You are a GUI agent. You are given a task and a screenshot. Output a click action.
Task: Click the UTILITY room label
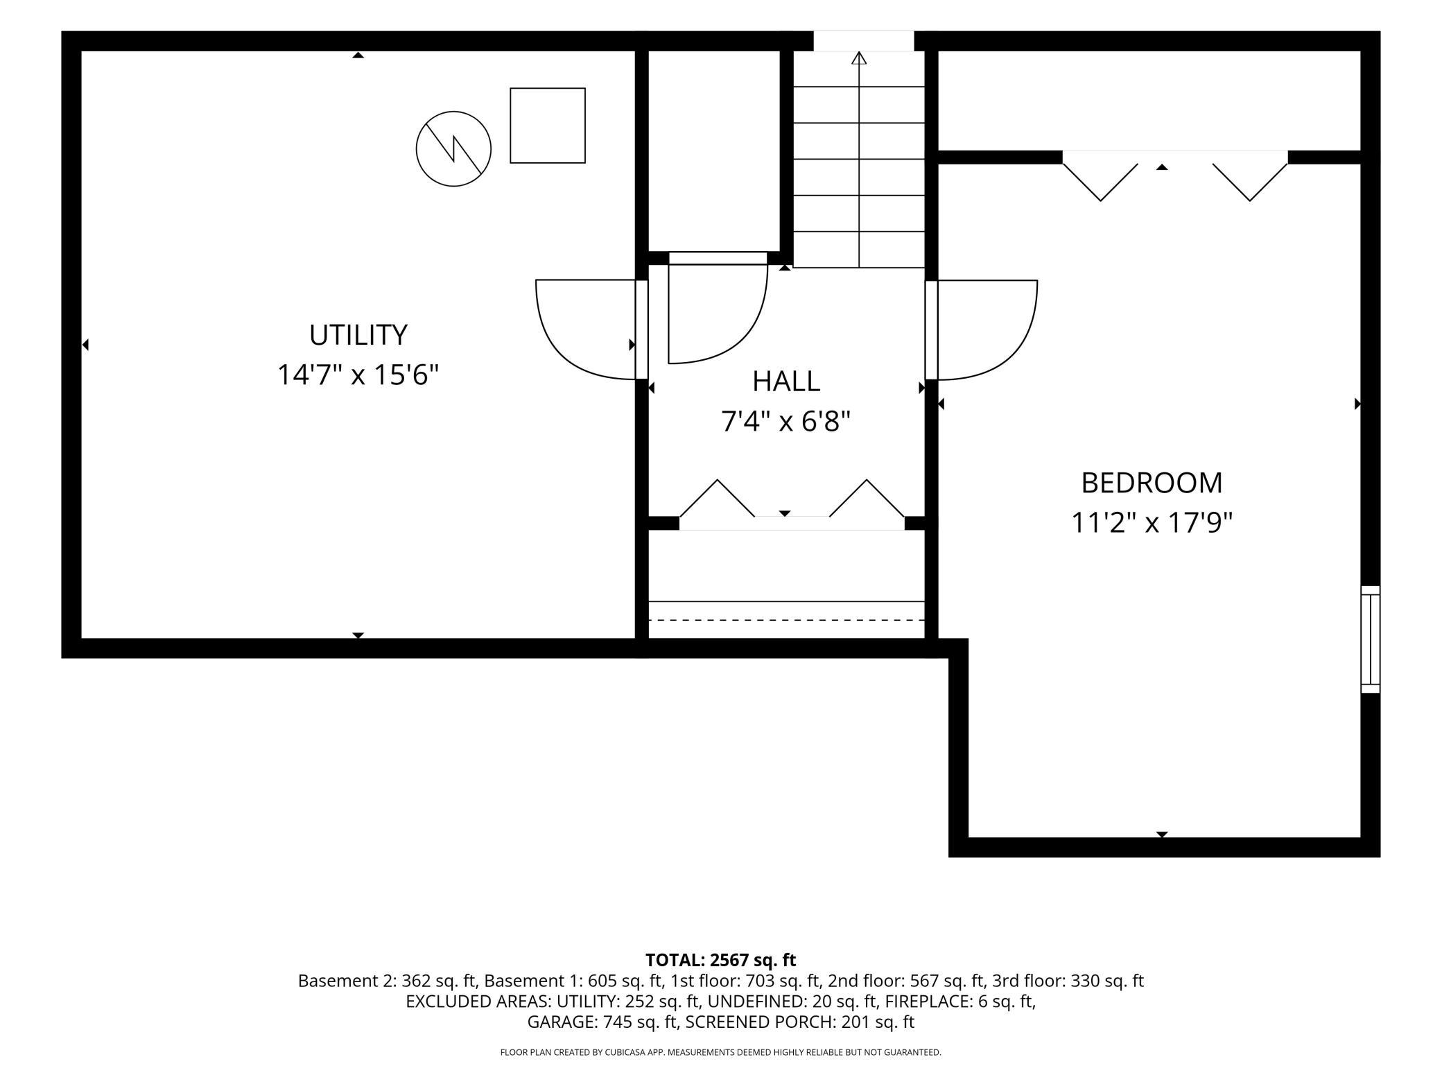coord(358,335)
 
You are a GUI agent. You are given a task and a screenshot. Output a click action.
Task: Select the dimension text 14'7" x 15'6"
coord(358,375)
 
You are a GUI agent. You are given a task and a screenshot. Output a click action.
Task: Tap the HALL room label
coord(786,381)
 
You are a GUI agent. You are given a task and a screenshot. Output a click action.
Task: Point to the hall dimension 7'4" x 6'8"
coord(785,421)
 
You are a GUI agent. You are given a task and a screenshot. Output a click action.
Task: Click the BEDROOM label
coord(1152,483)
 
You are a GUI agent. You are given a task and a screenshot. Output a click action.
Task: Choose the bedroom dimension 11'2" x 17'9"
coord(1152,523)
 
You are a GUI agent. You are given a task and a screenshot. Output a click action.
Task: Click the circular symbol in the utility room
coord(453,148)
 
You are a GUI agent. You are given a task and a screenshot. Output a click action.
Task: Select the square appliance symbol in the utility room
coord(548,126)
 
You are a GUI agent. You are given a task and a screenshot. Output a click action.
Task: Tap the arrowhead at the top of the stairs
coord(859,58)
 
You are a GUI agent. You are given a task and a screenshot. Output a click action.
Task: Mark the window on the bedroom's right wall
coord(1371,639)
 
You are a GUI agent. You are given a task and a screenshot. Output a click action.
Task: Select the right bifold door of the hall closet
coord(867,498)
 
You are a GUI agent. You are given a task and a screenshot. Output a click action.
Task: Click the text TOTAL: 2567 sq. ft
coord(720,960)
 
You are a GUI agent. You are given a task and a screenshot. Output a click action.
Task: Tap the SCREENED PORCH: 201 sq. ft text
coord(800,1022)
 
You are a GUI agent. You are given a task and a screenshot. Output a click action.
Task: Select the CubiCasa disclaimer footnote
coord(720,1052)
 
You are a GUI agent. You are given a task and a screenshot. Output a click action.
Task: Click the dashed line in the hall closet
coord(786,619)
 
